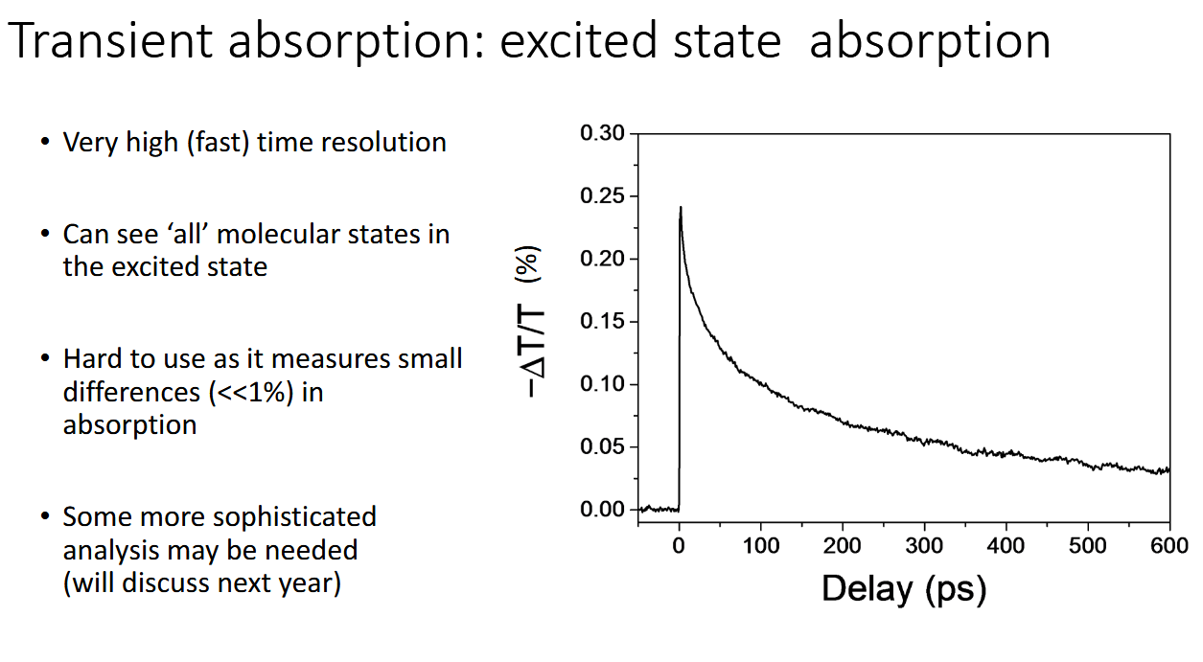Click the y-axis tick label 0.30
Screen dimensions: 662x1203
pyautogui.click(x=602, y=133)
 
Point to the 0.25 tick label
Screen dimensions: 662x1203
pyautogui.click(x=602, y=196)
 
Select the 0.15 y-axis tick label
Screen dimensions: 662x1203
pyautogui.click(x=602, y=322)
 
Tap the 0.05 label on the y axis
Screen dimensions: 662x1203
pyautogui.click(x=602, y=447)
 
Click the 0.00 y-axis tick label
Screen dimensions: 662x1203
pyautogui.click(x=602, y=510)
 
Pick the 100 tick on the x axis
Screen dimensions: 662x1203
pyautogui.click(x=760, y=546)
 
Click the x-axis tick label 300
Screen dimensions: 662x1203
pyautogui.click(x=924, y=546)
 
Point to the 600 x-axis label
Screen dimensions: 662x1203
pyautogui.click(x=1168, y=546)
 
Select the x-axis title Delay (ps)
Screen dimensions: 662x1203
pyautogui.click(x=903, y=587)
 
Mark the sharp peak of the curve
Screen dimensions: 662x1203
pyautogui.click(x=681, y=208)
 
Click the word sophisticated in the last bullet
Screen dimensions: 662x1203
pyautogui.click(x=294, y=517)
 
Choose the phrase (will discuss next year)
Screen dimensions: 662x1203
pyautogui.click(x=201, y=582)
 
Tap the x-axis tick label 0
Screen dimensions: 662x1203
pyautogui.click(x=679, y=546)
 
